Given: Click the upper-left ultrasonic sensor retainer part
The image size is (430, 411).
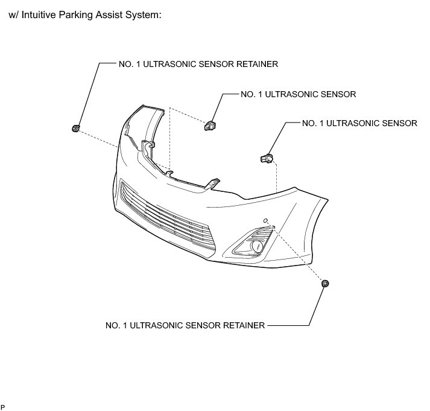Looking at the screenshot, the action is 76,128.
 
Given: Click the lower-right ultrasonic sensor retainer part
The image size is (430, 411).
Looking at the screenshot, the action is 326,283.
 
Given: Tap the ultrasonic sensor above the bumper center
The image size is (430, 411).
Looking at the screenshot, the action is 209,125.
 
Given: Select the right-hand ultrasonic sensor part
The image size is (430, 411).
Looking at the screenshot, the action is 266,158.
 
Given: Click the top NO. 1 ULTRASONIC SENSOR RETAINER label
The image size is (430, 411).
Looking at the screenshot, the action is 198,65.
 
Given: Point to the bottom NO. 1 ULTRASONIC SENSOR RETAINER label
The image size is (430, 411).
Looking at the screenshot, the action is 185,325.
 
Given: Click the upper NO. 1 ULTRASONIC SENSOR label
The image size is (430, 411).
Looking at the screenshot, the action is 298,95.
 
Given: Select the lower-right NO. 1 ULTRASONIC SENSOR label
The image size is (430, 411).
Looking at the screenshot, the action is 359,123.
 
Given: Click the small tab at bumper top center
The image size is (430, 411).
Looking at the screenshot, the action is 171,174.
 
